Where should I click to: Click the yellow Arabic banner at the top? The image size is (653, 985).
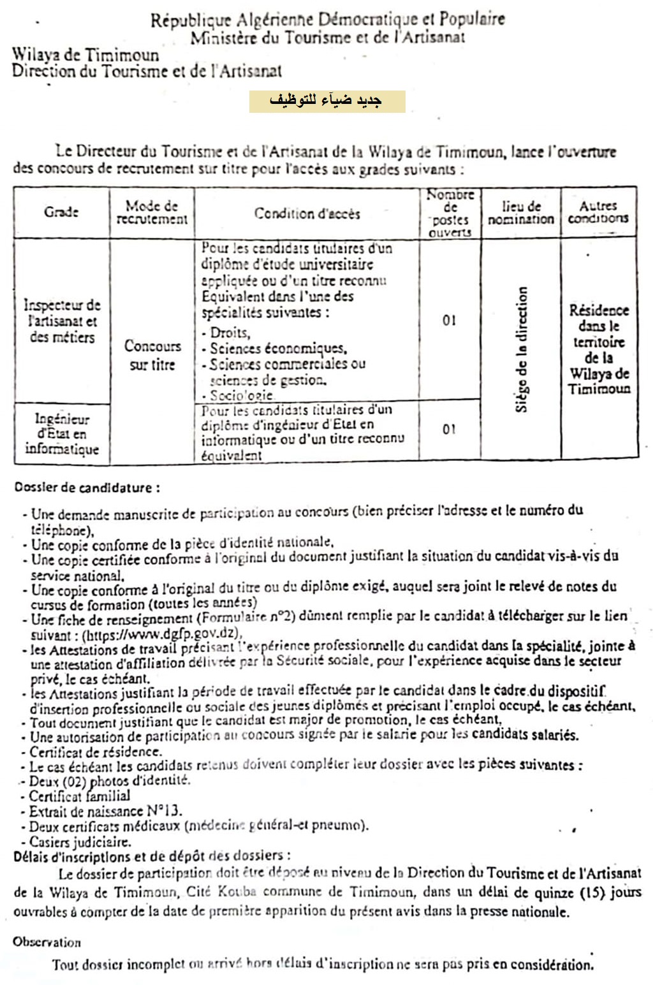point(326,101)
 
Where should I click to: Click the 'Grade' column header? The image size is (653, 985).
point(61,212)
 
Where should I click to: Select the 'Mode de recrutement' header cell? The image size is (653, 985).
point(152,212)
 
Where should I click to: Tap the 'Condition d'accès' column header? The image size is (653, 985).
point(307,214)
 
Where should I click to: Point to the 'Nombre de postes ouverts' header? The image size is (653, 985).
point(450,213)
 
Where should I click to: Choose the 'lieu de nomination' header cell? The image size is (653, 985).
point(521,213)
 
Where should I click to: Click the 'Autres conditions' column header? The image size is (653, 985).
point(598,212)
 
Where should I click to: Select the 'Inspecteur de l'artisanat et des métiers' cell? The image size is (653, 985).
point(62,321)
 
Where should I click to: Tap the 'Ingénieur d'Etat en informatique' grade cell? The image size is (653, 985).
point(62,434)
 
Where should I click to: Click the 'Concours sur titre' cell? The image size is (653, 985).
point(152,355)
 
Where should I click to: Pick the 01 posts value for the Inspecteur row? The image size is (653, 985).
point(450,320)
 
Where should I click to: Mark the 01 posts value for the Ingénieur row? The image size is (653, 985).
point(450,429)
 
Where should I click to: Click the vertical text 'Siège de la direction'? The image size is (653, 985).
point(522,349)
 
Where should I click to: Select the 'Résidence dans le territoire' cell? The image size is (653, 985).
point(599,349)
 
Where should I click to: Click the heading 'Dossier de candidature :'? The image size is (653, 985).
point(87,488)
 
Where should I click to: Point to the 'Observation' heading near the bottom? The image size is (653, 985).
point(47,942)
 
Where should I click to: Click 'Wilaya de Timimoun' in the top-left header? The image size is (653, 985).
point(85,54)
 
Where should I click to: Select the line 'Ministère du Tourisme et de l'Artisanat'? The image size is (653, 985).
point(328,38)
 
